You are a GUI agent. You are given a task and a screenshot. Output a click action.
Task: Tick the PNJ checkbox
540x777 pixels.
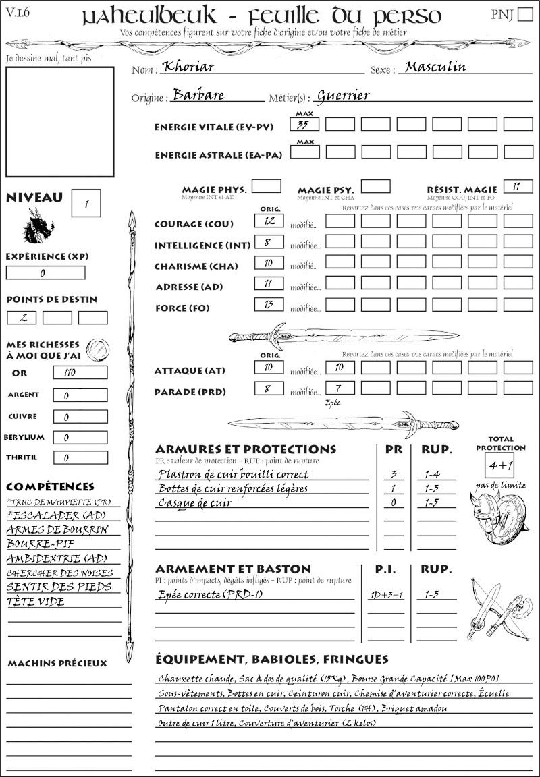coord(524,16)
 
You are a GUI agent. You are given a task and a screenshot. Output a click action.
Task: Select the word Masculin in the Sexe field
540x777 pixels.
coord(435,67)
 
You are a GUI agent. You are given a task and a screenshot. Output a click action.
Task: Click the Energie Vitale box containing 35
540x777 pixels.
coord(304,124)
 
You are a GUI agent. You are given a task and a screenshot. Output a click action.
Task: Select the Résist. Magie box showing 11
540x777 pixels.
coord(518,187)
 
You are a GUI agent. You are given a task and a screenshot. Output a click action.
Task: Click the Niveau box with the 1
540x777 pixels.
coord(87,202)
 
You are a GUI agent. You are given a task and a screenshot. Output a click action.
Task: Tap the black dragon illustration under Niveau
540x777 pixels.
coord(38,226)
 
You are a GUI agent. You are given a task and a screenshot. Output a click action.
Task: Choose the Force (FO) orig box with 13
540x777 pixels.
coord(269,305)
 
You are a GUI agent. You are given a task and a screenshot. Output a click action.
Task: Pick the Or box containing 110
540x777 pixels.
coord(80,372)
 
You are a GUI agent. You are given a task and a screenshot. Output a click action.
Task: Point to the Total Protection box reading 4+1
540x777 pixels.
coord(500,465)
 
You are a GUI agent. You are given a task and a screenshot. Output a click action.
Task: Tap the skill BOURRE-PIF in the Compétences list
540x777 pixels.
coord(34,544)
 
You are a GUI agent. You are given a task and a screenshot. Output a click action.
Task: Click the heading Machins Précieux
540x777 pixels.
coord(57,664)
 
